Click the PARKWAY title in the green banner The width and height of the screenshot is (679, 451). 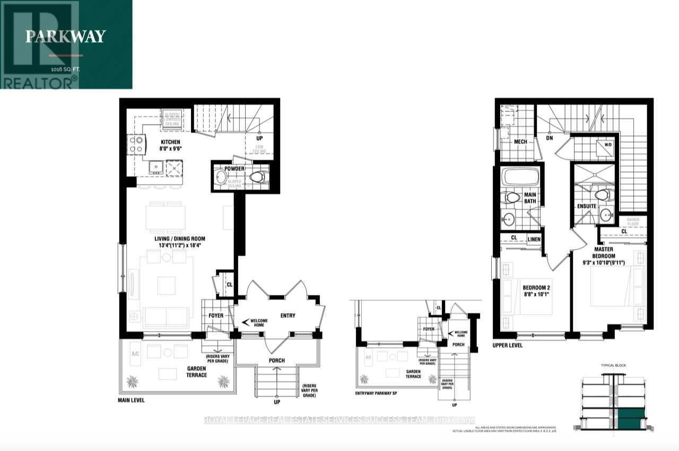(x=66, y=37)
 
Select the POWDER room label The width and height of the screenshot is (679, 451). (x=234, y=169)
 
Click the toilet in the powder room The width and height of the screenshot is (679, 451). (x=258, y=177)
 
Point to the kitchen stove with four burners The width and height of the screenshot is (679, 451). (x=136, y=145)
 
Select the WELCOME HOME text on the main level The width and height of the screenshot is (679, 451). (x=258, y=322)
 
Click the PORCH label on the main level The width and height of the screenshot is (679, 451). (x=276, y=360)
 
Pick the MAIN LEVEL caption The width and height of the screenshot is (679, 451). (x=130, y=400)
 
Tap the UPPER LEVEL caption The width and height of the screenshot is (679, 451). (x=508, y=345)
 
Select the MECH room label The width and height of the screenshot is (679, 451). (x=520, y=142)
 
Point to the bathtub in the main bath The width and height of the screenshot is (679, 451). (x=520, y=177)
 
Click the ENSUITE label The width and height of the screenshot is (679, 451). (x=587, y=206)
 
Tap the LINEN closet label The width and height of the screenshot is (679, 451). (x=533, y=240)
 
